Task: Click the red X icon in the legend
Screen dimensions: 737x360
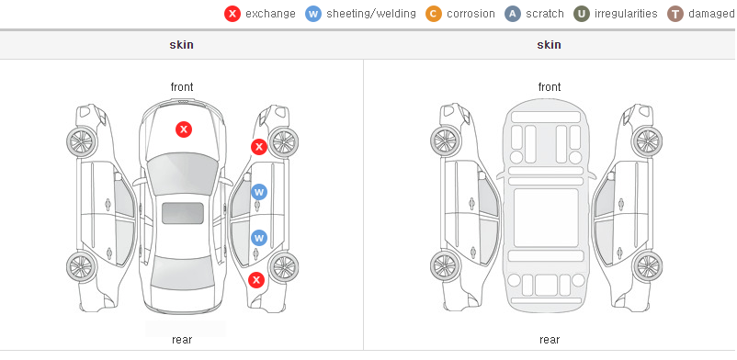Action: tap(232, 14)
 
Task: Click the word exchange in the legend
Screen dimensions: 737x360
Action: tap(270, 14)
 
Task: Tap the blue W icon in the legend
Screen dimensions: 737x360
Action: tap(313, 14)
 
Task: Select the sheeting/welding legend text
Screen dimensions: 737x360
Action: tap(371, 14)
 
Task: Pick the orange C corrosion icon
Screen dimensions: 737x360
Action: tap(434, 14)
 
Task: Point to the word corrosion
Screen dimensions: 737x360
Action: tap(471, 14)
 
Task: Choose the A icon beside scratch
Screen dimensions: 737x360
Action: tap(513, 14)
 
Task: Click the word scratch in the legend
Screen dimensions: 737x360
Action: tap(545, 14)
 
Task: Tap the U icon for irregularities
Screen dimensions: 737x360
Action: tap(582, 14)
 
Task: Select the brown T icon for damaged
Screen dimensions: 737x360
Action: tap(675, 14)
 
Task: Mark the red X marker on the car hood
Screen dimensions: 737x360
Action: tap(184, 129)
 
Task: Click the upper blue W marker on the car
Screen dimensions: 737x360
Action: tap(259, 192)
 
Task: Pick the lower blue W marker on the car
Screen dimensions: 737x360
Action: tap(259, 238)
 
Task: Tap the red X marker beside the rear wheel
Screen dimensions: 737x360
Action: tap(256, 281)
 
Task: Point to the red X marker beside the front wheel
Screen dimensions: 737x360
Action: tap(258, 147)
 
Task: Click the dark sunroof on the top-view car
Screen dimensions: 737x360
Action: tap(183, 213)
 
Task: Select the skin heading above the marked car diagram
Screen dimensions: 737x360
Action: tap(181, 45)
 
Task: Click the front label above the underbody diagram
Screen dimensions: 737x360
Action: tap(550, 87)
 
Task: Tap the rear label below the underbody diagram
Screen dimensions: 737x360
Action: tap(550, 340)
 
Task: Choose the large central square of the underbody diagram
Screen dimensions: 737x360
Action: tap(546, 218)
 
